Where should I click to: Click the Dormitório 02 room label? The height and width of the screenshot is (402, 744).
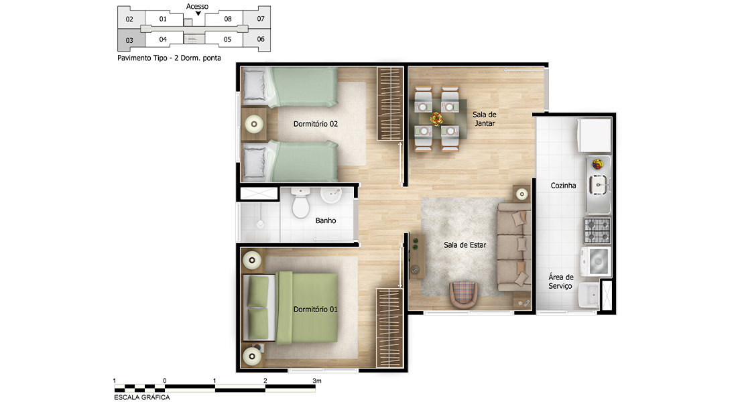click(x=316, y=124)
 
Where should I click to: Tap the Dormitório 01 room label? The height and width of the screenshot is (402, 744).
click(x=316, y=309)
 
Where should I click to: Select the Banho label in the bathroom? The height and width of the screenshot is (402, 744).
click(x=326, y=220)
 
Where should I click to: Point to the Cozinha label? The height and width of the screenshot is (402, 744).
click(x=563, y=186)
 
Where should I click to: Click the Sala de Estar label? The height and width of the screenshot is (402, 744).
click(x=465, y=245)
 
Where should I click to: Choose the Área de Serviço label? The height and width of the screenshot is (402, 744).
click(x=561, y=281)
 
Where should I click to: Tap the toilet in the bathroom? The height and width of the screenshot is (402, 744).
click(x=300, y=202)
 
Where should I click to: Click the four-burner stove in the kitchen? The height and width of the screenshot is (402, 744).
click(x=597, y=230)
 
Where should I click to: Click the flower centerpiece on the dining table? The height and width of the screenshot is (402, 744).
click(x=436, y=119)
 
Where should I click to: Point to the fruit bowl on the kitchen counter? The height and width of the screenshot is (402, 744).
click(x=597, y=164)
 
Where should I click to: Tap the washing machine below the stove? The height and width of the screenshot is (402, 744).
click(x=596, y=261)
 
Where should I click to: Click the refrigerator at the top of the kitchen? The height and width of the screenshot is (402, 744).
click(x=594, y=135)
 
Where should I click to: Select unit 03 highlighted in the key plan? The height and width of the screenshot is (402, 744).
click(x=131, y=40)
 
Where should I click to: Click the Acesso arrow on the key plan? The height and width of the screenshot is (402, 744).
click(x=198, y=13)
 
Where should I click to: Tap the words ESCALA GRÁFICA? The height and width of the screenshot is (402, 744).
click(x=142, y=397)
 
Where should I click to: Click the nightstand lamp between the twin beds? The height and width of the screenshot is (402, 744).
click(x=254, y=124)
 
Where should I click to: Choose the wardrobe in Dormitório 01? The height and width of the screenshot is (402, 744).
click(x=389, y=328)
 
